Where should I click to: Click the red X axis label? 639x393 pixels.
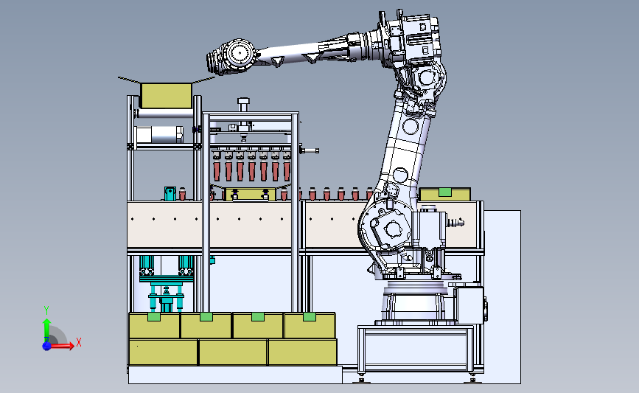point(79,342)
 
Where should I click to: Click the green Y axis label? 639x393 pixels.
point(46,310)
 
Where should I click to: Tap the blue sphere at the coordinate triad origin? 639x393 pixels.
point(47,346)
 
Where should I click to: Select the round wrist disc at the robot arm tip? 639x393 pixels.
point(240,53)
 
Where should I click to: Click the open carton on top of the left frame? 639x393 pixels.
point(166,95)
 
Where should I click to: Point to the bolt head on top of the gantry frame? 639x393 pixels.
point(243,101)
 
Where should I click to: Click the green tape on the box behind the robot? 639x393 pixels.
point(444,192)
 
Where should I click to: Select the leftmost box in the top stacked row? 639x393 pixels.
point(154,325)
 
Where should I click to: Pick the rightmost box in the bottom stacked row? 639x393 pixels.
point(302,352)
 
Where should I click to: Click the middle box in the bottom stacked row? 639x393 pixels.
point(233,352)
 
